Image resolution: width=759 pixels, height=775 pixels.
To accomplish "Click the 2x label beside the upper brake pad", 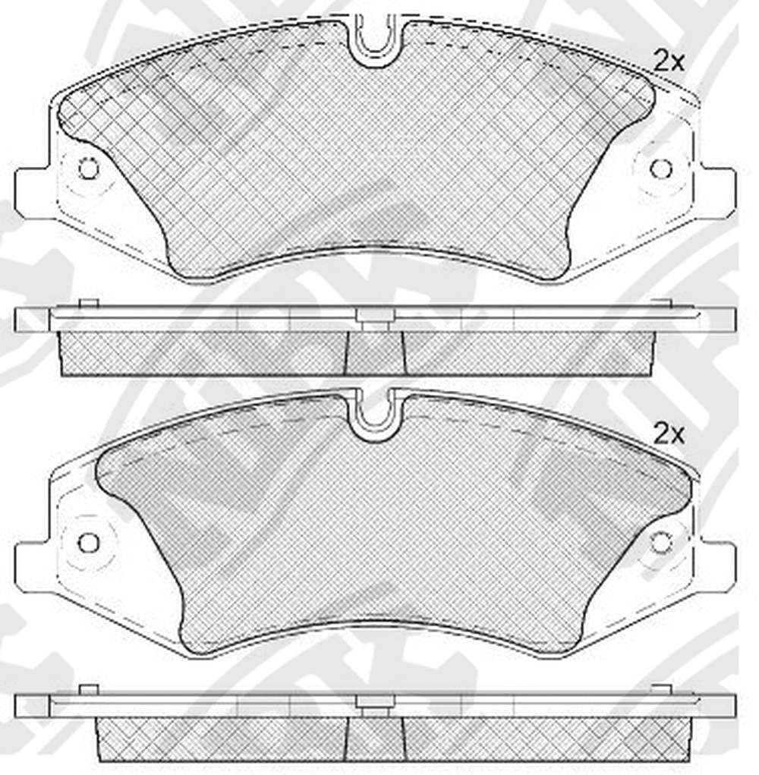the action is [x=669, y=61].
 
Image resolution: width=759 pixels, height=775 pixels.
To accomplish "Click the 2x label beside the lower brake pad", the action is [x=669, y=434].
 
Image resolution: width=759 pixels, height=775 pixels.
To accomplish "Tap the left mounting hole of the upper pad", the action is [x=89, y=169].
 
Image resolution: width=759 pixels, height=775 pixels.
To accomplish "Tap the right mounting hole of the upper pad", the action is [x=660, y=169].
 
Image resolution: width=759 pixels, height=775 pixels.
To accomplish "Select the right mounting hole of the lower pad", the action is [x=660, y=543].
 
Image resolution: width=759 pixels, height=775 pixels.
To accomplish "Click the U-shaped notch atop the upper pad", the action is [x=375, y=39].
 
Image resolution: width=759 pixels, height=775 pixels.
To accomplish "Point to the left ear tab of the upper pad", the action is [x=33, y=193].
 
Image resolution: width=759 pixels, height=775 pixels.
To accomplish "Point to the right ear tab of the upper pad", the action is [x=719, y=193].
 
